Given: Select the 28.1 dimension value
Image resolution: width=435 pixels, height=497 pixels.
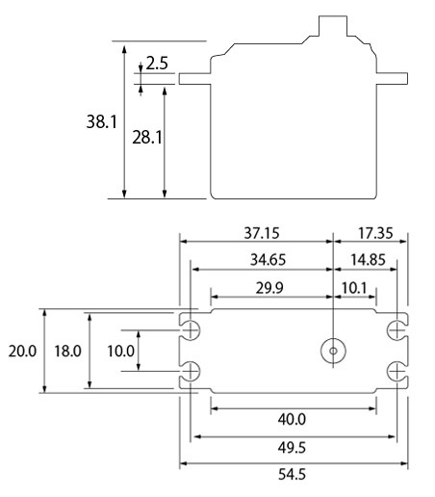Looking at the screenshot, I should [144, 138].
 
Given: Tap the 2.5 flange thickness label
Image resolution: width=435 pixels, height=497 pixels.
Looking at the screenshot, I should [157, 65].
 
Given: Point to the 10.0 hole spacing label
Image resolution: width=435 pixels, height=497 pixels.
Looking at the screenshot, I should [120, 352].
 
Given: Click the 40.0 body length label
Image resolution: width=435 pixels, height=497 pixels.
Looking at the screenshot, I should [292, 419].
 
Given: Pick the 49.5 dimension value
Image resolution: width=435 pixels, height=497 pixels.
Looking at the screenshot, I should [292, 447].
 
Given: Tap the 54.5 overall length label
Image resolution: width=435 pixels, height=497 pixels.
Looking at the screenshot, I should [292, 475].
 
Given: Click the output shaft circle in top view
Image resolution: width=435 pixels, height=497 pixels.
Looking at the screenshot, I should [333, 351].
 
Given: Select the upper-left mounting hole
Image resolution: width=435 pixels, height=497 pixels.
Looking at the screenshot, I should [192, 330].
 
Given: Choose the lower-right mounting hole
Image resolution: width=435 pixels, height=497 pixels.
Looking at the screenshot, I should [396, 372].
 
